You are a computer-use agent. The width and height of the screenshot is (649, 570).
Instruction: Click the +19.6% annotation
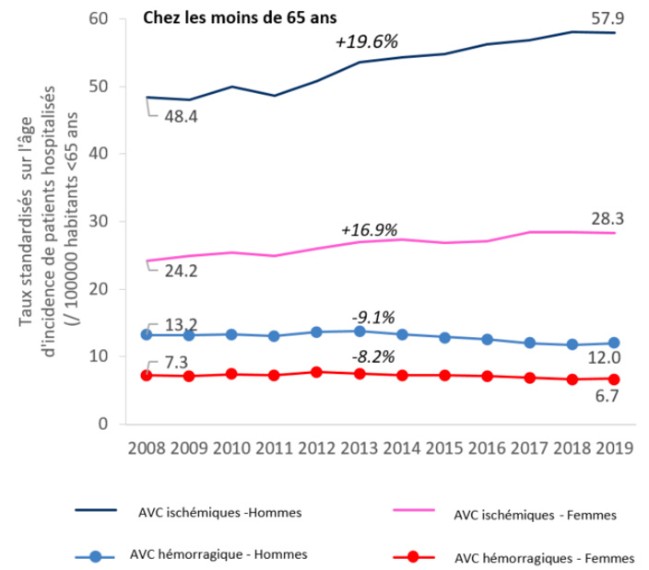(365, 41)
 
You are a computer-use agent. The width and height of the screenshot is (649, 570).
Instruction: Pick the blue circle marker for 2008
(147, 335)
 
